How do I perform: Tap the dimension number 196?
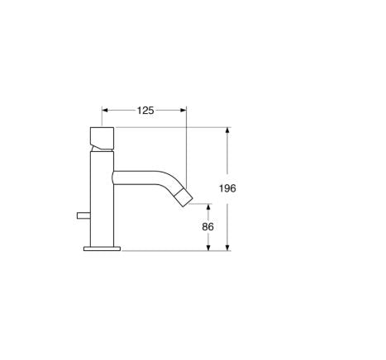point(228,188)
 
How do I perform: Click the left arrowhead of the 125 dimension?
point(104,110)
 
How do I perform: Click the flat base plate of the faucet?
point(102,247)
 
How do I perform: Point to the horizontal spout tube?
point(136,174)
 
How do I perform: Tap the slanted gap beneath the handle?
point(100,148)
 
